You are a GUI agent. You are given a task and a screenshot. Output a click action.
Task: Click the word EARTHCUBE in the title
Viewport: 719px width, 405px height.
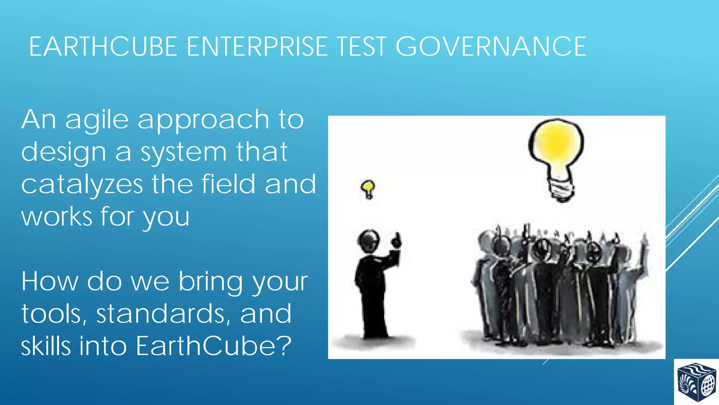point(103,47)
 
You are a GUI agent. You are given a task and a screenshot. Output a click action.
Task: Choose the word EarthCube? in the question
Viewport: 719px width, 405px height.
point(213,346)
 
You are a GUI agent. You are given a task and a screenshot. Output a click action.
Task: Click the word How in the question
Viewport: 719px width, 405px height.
point(50,282)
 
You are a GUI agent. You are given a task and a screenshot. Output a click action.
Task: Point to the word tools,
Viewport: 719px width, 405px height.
point(54,314)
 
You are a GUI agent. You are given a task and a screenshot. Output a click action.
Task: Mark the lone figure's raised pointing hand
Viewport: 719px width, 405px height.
point(396,241)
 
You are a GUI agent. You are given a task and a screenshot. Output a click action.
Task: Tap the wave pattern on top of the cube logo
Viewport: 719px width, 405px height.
point(697,370)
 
